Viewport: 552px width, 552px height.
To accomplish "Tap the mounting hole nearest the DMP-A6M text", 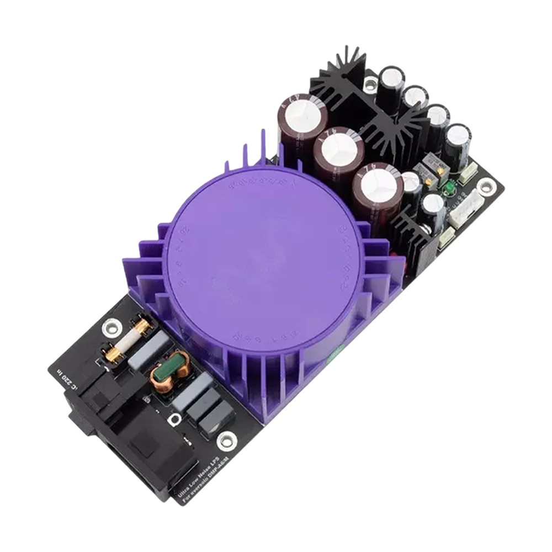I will [x=224, y=439].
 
